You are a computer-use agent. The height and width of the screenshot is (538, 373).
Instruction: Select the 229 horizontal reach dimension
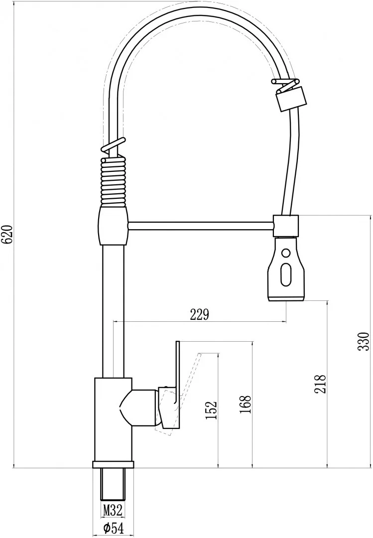tap(200, 315)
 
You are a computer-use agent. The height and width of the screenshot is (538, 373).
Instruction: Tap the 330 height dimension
tap(363, 341)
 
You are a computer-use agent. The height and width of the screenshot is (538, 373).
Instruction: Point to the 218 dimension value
tap(320, 384)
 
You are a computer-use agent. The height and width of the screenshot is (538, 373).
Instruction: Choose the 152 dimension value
tap(211, 410)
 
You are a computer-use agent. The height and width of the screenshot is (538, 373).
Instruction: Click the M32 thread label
tap(113, 510)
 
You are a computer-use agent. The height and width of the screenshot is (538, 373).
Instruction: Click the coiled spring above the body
tap(114, 181)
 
